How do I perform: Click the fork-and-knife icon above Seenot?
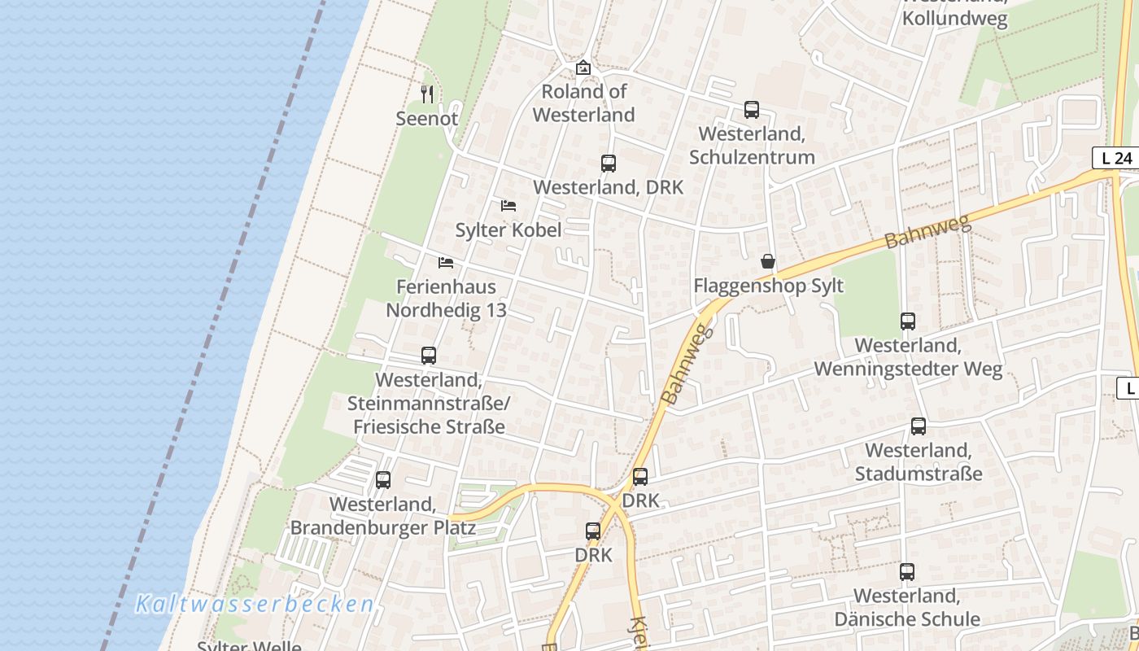[427, 94]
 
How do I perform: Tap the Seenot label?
[427, 119]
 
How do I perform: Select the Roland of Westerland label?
[583, 103]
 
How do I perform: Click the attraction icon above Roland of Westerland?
[583, 68]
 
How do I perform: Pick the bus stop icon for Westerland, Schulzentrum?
[752, 110]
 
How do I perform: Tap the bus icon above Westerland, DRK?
[609, 164]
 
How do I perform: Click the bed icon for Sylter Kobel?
[508, 206]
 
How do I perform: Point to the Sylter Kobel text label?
[508, 230]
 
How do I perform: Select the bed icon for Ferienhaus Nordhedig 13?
[446, 262]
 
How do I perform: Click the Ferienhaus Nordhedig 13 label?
[446, 299]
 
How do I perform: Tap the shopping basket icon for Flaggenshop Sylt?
[768, 261]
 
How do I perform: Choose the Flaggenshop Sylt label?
[768, 286]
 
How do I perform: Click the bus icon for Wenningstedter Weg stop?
[908, 321]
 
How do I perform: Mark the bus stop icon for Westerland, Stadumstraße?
[919, 426]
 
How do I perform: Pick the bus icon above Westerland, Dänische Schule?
[907, 572]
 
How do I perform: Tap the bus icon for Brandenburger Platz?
[383, 480]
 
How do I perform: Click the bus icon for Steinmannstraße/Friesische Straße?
[429, 356]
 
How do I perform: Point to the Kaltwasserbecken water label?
[255, 605]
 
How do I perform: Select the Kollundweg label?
[955, 18]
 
